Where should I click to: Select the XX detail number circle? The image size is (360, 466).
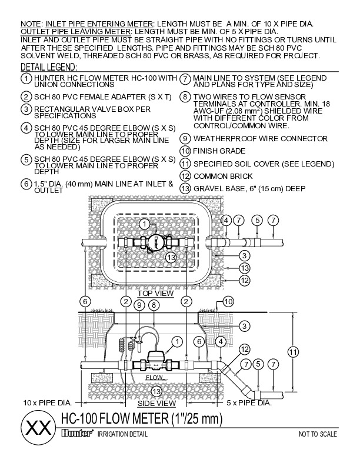(36, 427)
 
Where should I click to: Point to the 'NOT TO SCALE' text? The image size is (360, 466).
(318, 434)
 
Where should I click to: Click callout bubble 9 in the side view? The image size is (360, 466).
(139, 305)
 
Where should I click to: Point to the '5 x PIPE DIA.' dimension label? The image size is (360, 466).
(249, 402)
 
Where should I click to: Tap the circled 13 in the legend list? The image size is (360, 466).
(185, 188)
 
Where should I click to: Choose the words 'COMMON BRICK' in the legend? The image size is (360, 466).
(220, 176)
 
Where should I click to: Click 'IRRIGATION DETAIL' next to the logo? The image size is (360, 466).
(122, 434)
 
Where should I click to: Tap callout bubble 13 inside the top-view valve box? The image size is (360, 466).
(170, 257)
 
